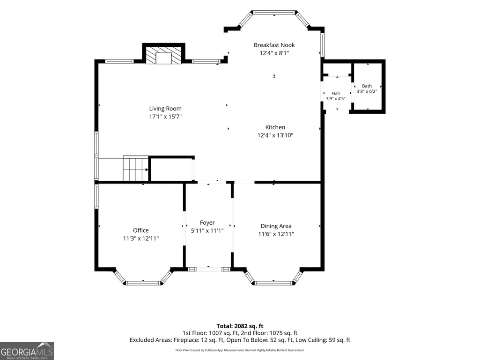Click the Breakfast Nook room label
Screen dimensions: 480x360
point(274,45)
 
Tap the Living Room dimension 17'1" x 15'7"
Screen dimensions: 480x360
point(165,117)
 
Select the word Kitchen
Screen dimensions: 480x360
point(275,127)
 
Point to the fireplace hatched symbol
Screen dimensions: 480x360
point(164,55)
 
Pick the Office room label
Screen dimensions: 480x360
point(141,230)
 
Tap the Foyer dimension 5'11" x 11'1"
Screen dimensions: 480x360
point(207,231)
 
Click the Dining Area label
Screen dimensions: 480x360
point(276,226)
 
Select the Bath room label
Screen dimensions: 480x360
point(367,86)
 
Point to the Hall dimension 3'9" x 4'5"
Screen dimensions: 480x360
point(335,99)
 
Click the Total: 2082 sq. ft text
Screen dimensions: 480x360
point(240,326)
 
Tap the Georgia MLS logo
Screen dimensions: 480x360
point(27,351)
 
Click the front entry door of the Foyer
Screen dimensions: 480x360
point(208,269)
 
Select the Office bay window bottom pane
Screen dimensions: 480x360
point(143,283)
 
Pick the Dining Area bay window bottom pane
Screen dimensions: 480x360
point(273,283)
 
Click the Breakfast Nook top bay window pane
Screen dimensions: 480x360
point(274,13)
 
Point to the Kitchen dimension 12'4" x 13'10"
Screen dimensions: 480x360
point(275,135)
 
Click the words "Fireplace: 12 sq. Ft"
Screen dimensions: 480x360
point(199,340)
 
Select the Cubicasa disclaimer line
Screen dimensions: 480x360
point(240,350)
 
